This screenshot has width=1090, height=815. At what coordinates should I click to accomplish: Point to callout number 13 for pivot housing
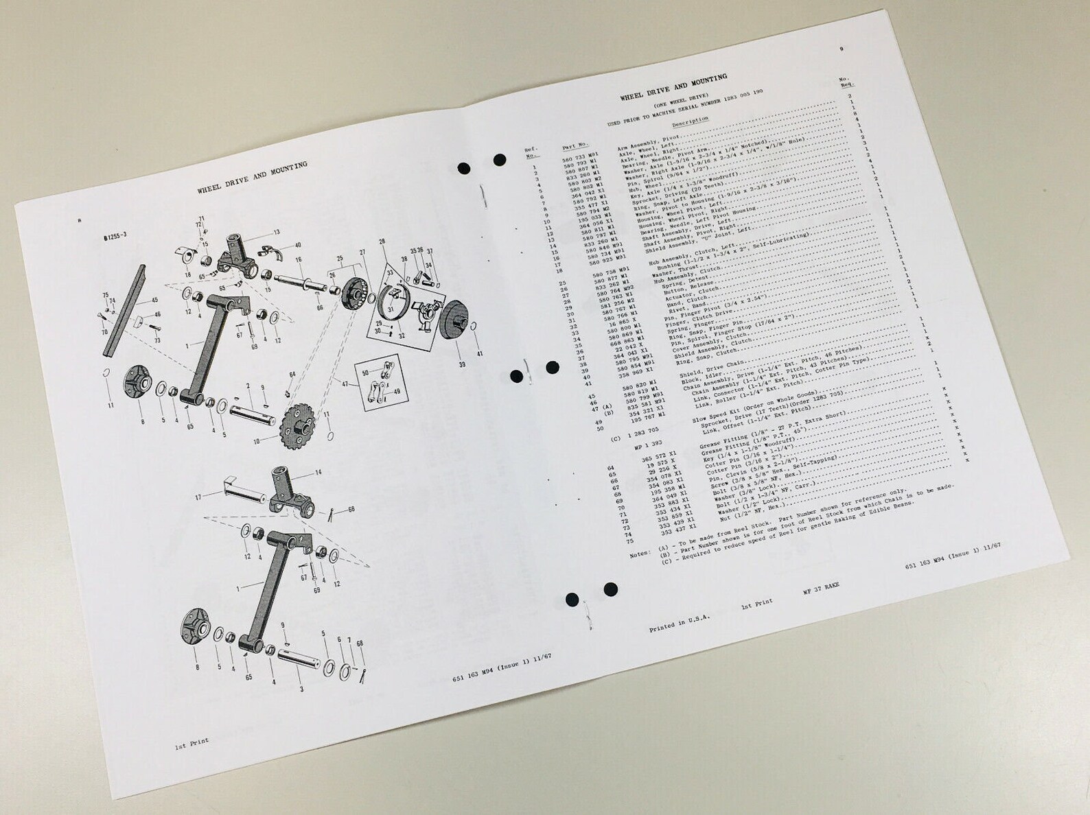pos(277,233)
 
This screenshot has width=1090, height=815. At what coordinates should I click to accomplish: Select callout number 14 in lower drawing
pos(318,472)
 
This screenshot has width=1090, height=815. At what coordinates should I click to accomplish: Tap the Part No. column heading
pos(575,145)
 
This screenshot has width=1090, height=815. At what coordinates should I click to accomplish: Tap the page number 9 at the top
pos(842,49)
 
